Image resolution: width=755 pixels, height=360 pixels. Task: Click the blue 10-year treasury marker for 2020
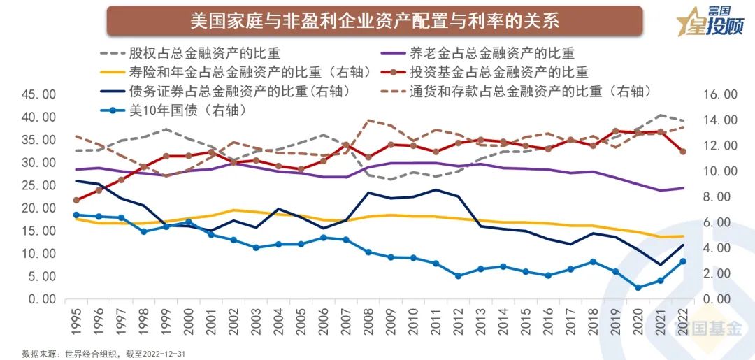638,287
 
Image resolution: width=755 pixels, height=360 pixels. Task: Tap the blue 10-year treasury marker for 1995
76,215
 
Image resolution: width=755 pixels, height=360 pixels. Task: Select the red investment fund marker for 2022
683,152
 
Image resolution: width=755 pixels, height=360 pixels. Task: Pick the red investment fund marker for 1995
76,201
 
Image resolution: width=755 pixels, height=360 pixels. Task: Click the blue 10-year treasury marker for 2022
683,261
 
